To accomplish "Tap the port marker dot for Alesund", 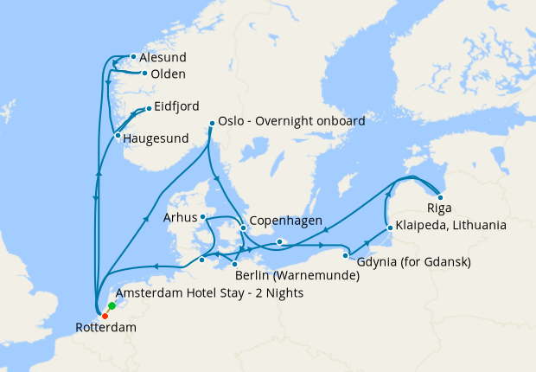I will (132, 58).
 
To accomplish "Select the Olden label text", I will (167, 74).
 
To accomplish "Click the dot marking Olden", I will (144, 74).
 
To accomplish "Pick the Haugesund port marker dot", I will (117, 135).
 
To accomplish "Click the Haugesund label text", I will (158, 137).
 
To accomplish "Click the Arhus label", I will (181, 217).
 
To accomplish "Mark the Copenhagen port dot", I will (243, 228).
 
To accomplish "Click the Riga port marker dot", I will (440, 197).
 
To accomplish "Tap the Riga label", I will (439, 209).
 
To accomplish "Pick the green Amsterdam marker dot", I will (112, 306).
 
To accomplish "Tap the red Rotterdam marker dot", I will (105, 315).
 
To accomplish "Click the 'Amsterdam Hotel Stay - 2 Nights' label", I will (208, 294).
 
